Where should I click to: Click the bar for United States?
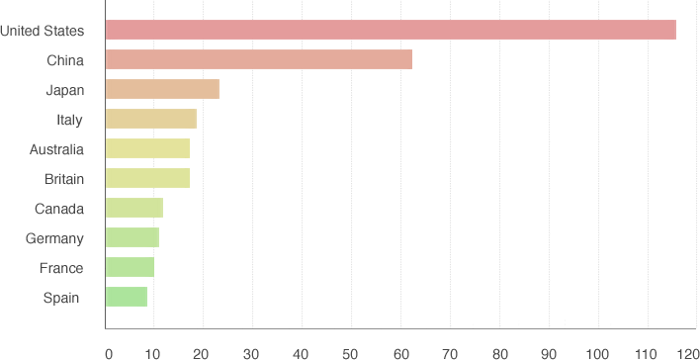click(391, 30)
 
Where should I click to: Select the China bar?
click(258, 59)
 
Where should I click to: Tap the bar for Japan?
click(162, 89)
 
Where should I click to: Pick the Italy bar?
click(150, 119)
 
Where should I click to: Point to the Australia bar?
click(147, 148)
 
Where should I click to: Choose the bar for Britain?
click(147, 178)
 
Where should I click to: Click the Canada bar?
click(133, 208)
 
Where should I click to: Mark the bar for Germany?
click(131, 237)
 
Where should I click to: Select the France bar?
click(130, 267)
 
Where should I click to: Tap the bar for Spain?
click(126, 297)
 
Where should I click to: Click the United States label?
click(43, 31)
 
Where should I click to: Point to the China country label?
click(65, 60)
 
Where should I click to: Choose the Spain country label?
click(61, 298)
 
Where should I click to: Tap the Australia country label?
click(56, 149)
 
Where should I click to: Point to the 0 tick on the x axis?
click(109, 351)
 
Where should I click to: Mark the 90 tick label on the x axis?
click(550, 351)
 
